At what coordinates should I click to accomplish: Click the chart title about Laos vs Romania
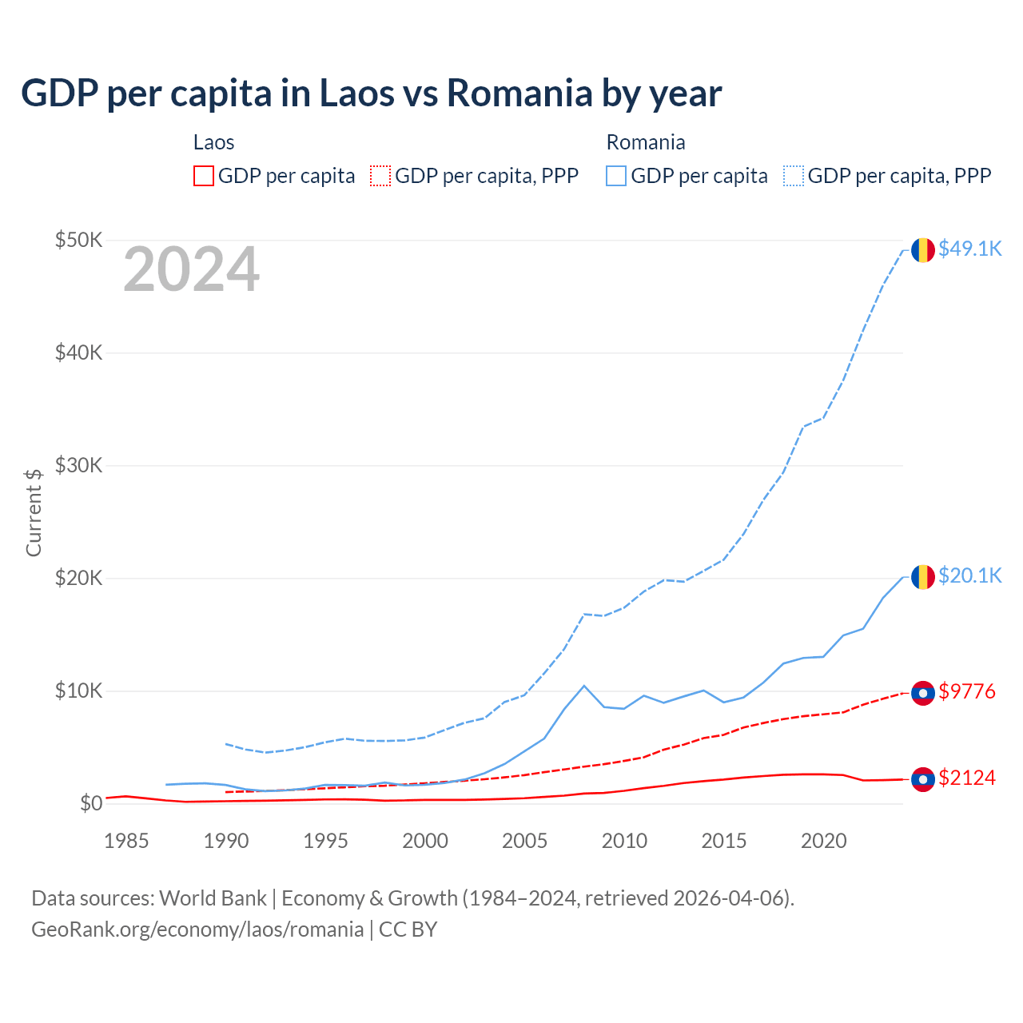(x=372, y=94)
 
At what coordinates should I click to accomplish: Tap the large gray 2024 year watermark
(x=191, y=270)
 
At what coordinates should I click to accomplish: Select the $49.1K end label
(x=969, y=249)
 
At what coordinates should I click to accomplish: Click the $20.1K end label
(x=969, y=575)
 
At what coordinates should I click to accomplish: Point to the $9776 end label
(x=966, y=691)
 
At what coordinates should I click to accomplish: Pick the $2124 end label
(x=966, y=778)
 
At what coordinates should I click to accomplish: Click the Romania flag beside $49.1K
(x=923, y=249)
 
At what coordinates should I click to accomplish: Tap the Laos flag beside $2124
(x=923, y=778)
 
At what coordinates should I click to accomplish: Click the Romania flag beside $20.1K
(x=923, y=576)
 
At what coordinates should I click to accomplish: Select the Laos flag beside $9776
(x=923, y=692)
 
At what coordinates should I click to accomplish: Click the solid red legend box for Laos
(x=204, y=176)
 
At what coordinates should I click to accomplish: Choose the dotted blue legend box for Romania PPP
(x=794, y=176)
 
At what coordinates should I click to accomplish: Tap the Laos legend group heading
(x=213, y=142)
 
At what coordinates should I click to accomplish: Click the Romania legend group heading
(x=646, y=142)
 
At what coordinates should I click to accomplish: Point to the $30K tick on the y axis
(x=78, y=465)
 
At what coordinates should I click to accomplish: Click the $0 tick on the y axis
(x=91, y=803)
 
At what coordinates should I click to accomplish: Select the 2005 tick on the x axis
(x=524, y=841)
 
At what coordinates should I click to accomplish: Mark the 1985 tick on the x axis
(x=126, y=841)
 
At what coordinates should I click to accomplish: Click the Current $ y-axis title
(x=34, y=512)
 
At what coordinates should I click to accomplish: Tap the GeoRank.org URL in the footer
(x=197, y=929)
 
